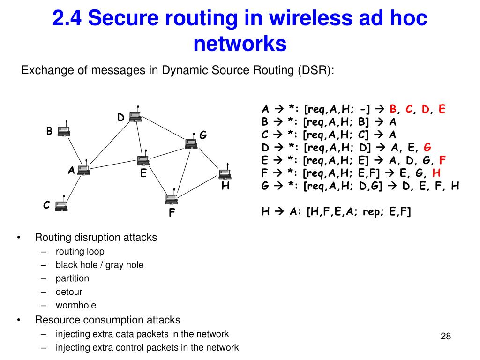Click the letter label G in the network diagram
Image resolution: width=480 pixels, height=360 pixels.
tap(203, 135)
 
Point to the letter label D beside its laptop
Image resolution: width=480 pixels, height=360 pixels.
tap(121, 117)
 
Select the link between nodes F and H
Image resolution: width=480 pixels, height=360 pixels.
tap(197, 187)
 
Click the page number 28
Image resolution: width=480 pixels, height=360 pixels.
tap(446, 336)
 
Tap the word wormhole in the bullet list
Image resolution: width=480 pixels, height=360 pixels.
tap(75, 305)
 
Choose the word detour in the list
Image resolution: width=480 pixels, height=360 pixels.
tap(69, 292)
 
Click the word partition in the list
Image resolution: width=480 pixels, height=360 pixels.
tap(72, 278)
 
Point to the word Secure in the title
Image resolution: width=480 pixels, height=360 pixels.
tap(123, 17)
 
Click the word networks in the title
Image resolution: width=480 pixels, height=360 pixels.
tap(240, 43)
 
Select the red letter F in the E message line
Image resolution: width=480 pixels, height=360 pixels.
tap(442, 160)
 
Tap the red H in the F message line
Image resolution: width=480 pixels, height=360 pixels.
tap(436, 173)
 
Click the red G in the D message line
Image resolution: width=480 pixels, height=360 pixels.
tap(427, 147)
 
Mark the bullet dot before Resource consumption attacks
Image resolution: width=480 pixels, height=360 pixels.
tap(19, 320)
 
